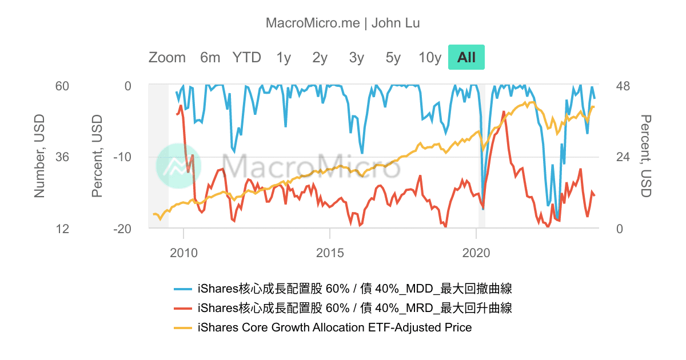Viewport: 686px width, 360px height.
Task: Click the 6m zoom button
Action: click(x=210, y=58)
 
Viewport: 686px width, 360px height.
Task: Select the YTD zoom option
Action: click(x=246, y=58)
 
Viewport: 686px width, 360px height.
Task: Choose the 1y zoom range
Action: click(x=284, y=58)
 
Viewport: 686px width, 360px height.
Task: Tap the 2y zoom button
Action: click(x=320, y=58)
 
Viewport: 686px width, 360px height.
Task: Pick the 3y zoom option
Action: click(x=357, y=58)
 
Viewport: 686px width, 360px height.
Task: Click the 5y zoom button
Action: click(x=393, y=58)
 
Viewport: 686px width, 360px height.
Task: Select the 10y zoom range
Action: click(x=430, y=58)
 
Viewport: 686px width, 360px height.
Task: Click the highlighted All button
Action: click(x=466, y=58)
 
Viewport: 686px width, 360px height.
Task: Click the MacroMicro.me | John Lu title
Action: click(x=343, y=23)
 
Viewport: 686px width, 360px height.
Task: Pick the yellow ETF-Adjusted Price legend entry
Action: click(x=334, y=327)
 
